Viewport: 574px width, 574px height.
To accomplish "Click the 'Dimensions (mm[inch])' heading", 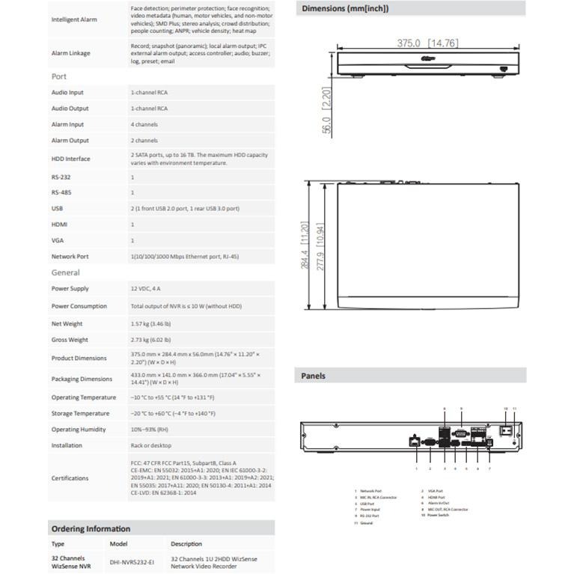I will [x=345, y=9].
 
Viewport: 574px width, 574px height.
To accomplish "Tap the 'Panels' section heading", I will [x=314, y=376].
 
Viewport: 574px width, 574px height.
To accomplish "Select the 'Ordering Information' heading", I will [x=91, y=528].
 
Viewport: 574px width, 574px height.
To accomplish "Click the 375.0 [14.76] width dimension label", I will [x=427, y=43].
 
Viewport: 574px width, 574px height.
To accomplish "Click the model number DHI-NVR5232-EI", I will [x=132, y=561].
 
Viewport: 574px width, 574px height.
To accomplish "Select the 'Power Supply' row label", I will [x=70, y=288].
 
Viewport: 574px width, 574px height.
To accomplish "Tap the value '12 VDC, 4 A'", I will [x=146, y=288].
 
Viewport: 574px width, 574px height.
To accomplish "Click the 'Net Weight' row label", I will [x=67, y=324].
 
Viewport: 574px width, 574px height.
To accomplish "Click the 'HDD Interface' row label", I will [x=70, y=159].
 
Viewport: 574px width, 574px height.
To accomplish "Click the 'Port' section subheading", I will [x=59, y=76].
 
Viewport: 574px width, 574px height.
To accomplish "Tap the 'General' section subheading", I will [x=65, y=272].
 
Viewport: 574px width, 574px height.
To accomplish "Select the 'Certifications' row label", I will [x=70, y=477].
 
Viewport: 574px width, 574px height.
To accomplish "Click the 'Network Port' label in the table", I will [x=70, y=257].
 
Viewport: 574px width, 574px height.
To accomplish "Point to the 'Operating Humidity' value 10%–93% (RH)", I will [x=150, y=430].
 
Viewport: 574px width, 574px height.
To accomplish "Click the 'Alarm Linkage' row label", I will [x=70, y=53].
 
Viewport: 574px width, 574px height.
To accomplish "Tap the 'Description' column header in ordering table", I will [x=186, y=544].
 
